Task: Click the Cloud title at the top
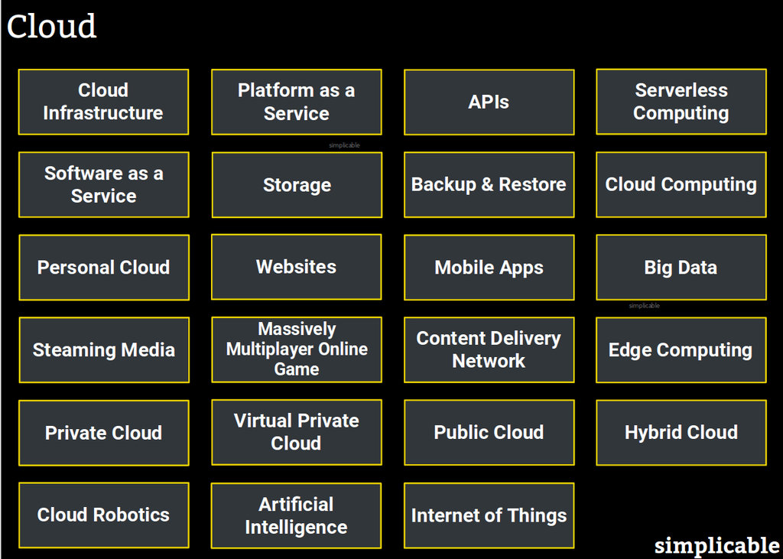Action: tap(52, 27)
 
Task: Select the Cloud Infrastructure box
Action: tap(103, 102)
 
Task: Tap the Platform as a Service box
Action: tap(296, 102)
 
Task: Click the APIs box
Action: tap(489, 102)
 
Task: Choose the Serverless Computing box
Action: tap(681, 102)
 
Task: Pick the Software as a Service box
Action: tap(103, 184)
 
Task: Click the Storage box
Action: tap(296, 184)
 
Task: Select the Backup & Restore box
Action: tap(489, 184)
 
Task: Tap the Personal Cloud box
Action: tap(103, 267)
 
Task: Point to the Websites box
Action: tap(296, 267)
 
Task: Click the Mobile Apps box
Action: tap(489, 267)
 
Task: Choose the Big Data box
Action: tap(681, 267)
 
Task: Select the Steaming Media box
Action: tap(103, 349)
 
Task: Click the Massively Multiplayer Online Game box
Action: tap(296, 349)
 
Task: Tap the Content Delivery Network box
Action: tap(489, 349)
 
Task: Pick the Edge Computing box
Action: tap(681, 349)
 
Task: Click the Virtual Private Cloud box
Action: tap(296, 432)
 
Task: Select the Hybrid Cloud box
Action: tap(681, 432)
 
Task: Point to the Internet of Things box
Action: tap(489, 515)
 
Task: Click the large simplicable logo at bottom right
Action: tap(716, 545)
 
